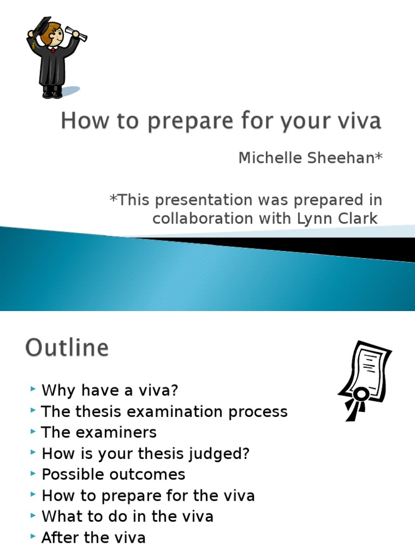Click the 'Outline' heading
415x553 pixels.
pos(67,348)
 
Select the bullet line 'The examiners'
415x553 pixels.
pos(99,433)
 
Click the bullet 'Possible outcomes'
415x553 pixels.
pos(113,475)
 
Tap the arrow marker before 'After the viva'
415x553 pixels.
pos(34,537)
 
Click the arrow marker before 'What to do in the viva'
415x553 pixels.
pos(34,516)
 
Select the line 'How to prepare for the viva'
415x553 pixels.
pos(148,496)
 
